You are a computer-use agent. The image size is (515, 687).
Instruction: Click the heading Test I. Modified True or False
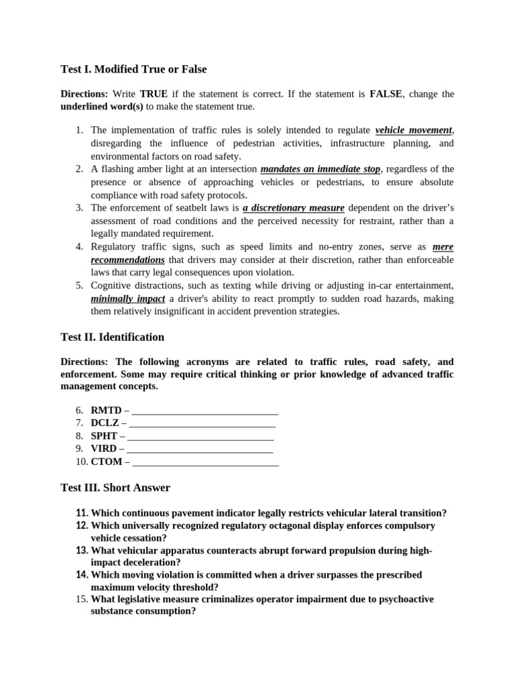tap(133, 69)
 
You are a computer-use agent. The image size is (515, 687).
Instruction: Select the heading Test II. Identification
tap(112, 337)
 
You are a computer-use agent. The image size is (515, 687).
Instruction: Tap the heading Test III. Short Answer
tap(115, 488)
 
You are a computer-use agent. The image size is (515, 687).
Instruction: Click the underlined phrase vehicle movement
tap(414, 130)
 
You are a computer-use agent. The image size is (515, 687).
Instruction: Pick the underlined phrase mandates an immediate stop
tap(320, 169)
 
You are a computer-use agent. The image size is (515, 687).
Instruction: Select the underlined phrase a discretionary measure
tap(294, 208)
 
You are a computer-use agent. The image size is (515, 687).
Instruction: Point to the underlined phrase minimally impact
tap(128, 299)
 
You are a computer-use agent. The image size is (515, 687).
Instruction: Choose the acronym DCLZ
tap(105, 423)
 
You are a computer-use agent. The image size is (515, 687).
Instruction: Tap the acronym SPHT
tap(104, 436)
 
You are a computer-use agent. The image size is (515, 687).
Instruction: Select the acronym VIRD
tap(104, 449)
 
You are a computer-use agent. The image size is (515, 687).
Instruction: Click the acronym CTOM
tap(106, 462)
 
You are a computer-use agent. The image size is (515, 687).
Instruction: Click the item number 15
tap(81, 599)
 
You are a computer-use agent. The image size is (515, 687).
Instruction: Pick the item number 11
tap(82, 513)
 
